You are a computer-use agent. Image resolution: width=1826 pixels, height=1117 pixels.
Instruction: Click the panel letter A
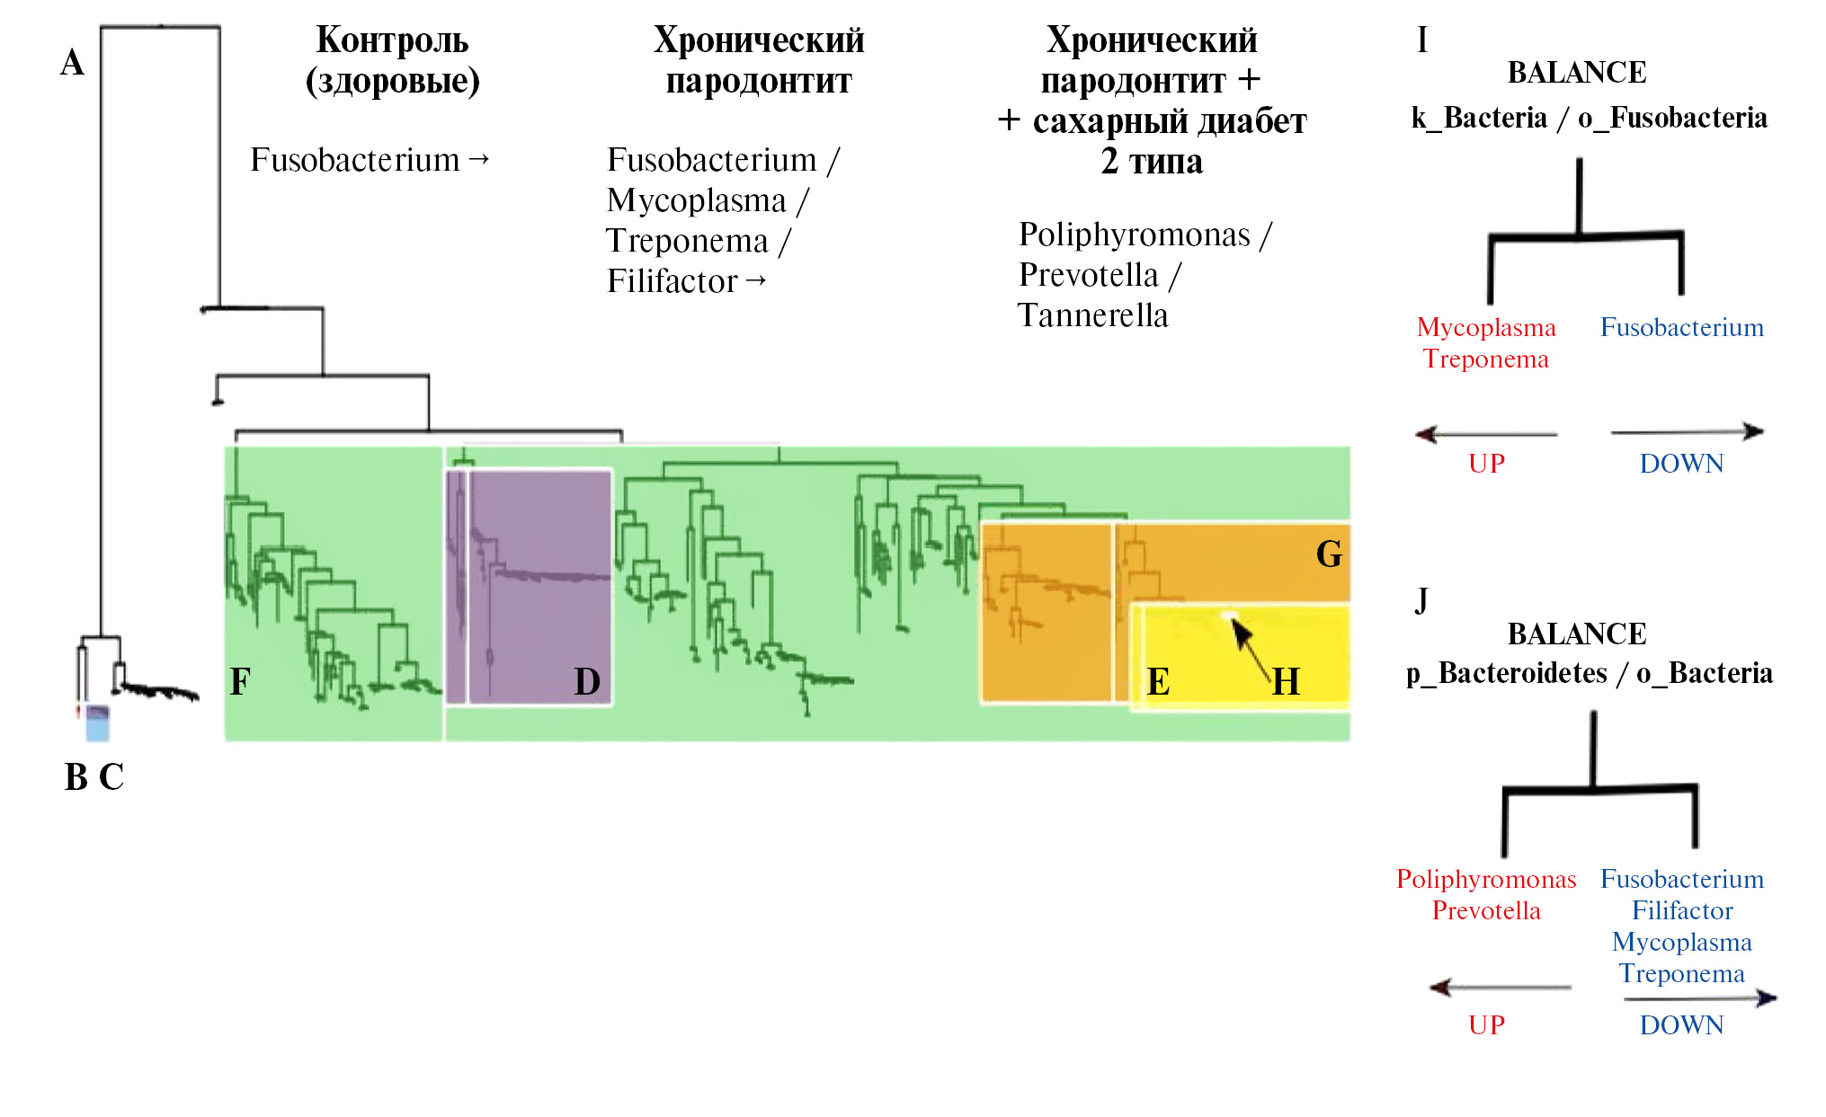point(72,63)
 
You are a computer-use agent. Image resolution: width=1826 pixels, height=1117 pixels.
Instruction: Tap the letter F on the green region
point(240,681)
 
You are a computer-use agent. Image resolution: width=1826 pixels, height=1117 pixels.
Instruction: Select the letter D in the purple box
point(587,681)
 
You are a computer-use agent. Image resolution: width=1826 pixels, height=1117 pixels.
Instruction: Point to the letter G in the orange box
point(1329,554)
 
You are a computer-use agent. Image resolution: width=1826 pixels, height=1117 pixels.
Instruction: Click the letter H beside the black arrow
point(1286,681)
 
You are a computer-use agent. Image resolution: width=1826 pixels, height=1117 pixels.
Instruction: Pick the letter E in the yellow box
point(1158,682)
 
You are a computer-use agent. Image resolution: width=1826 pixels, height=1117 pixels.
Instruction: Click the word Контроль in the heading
point(392,40)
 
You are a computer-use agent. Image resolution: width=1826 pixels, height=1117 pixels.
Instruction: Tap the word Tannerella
point(1092,315)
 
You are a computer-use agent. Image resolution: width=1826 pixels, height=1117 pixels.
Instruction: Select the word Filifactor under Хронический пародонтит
point(672,281)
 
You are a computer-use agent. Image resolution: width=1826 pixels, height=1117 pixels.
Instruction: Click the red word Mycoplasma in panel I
point(1486,327)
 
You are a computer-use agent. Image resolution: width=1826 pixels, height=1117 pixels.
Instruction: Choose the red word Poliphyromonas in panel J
point(1486,879)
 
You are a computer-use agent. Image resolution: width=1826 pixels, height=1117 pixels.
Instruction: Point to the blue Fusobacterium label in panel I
point(1681,327)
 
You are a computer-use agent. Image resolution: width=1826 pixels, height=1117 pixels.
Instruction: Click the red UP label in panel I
point(1486,463)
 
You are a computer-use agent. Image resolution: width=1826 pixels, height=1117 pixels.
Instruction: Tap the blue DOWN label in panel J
point(1681,1024)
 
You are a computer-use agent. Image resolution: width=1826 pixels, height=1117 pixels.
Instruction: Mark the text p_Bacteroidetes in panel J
point(1507,673)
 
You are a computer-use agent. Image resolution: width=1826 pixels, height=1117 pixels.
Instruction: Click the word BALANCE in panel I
point(1577,73)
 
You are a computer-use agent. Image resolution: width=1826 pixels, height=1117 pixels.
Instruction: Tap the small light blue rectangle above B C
point(97,723)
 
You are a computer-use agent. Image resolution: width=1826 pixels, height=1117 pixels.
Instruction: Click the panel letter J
point(1421,600)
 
